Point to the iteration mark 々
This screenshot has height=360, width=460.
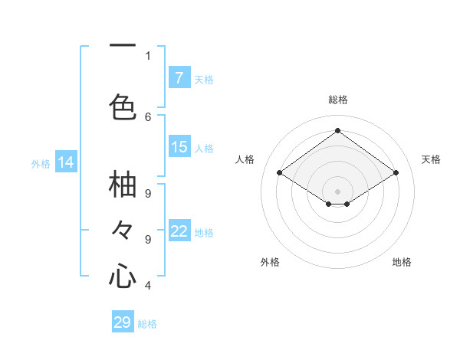(123, 229)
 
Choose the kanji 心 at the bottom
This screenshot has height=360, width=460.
(123, 275)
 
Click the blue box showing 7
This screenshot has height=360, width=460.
(179, 78)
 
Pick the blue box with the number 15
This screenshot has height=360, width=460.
(179, 147)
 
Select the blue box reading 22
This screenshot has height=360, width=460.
(179, 231)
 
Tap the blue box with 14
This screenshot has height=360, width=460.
(66, 162)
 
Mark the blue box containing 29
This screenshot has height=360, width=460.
(123, 322)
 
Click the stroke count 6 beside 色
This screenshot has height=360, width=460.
(148, 116)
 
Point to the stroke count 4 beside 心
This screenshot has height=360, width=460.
(148, 286)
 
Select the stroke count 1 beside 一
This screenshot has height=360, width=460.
(148, 55)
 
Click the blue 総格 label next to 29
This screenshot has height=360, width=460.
(147, 324)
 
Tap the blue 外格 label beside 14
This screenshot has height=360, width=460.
(41, 163)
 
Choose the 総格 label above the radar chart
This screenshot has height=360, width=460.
(337, 100)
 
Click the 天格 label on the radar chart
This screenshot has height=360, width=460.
(431, 159)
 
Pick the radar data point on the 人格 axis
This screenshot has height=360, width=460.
(280, 173)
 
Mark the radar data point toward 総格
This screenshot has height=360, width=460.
(337, 131)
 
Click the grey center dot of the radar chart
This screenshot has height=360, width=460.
(337, 190)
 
